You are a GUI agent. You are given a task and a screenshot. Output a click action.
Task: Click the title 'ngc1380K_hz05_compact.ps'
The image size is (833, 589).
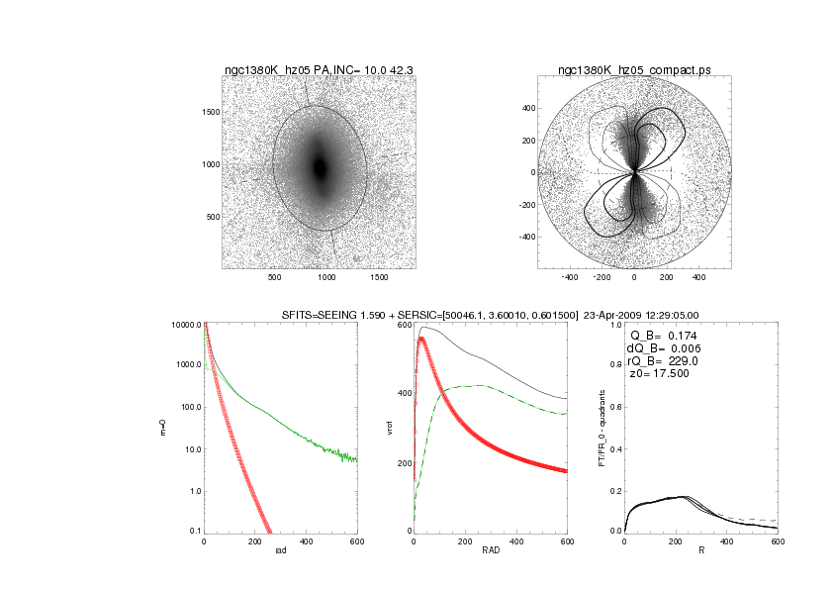point(633,70)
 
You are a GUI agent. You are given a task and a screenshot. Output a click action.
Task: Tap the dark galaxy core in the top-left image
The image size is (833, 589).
point(320,166)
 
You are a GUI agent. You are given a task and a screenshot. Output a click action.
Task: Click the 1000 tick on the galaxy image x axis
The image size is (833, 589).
point(327,278)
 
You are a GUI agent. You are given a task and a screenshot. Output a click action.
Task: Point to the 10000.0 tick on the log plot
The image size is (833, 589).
point(186,325)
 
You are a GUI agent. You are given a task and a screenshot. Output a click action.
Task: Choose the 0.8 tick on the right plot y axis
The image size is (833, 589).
point(614,366)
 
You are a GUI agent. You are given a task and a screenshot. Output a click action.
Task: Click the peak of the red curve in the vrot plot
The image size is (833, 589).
point(422,338)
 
